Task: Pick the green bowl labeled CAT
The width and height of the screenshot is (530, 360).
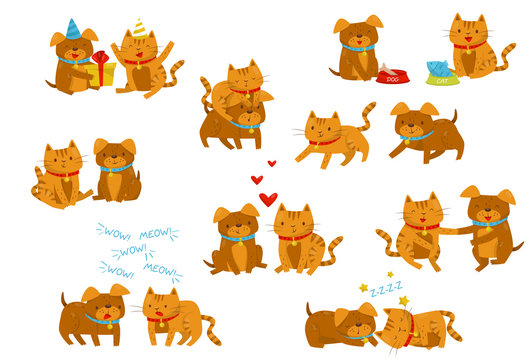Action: [441, 76]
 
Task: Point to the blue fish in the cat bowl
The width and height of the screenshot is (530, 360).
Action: [438, 66]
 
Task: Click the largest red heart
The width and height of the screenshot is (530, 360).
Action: [267, 198]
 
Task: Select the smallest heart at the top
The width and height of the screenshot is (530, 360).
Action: [271, 163]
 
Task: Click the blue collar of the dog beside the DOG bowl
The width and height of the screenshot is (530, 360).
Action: [357, 46]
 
